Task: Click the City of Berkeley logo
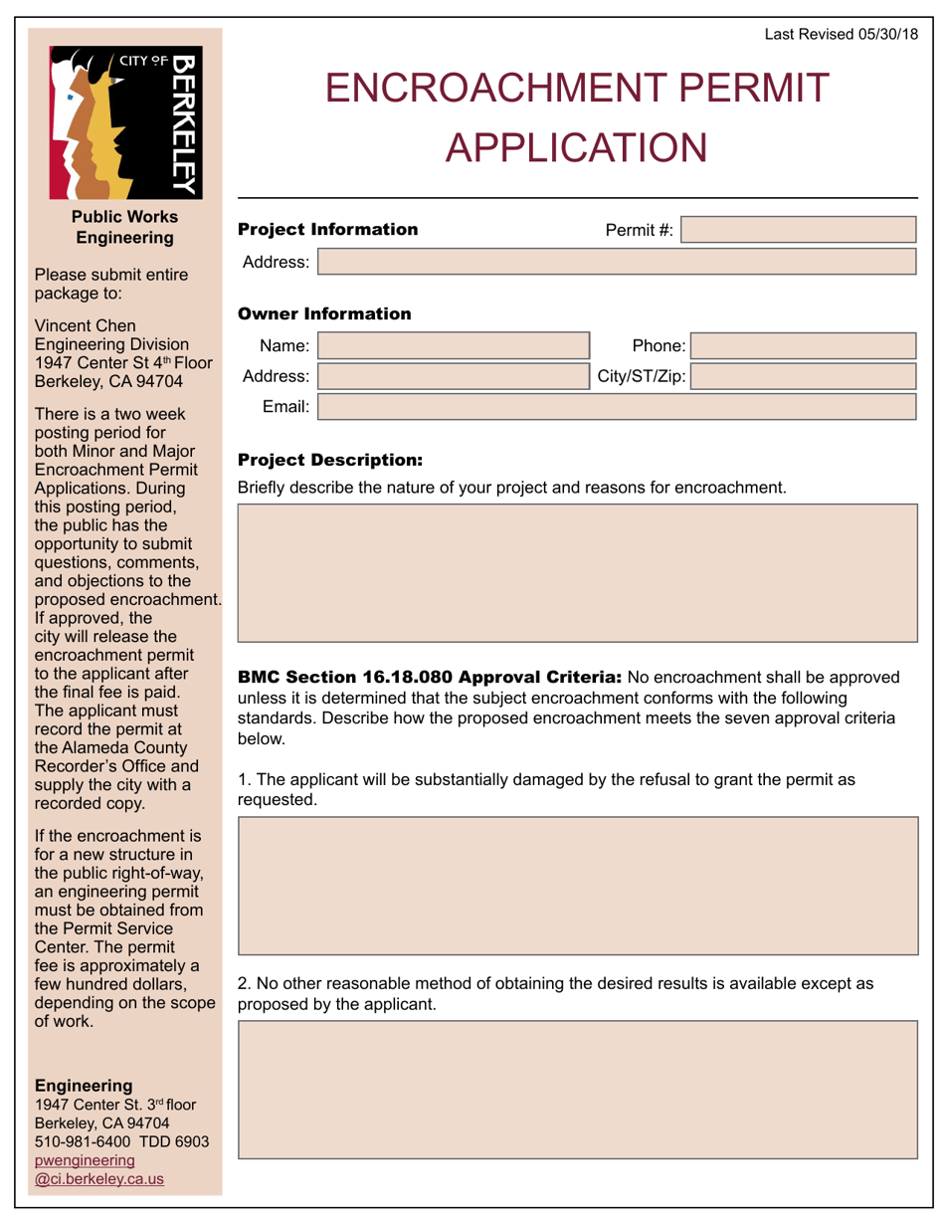pos(124,121)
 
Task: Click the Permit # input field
pos(799,230)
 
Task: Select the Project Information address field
pos(616,262)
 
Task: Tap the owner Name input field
pos(453,345)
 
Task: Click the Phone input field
pos(803,345)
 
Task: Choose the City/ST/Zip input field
pos(803,376)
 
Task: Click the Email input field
pos(616,406)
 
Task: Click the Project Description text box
pos(577,572)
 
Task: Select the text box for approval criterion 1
pos(577,886)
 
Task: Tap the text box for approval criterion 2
pos(577,1089)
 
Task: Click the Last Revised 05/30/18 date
pos(841,34)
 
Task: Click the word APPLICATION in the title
pos(576,147)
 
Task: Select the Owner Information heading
pos(324,313)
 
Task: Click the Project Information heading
pos(327,229)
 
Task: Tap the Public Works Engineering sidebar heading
pos(124,227)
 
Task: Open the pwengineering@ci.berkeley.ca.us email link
pos(99,1168)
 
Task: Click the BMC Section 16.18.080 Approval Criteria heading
pos(430,678)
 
